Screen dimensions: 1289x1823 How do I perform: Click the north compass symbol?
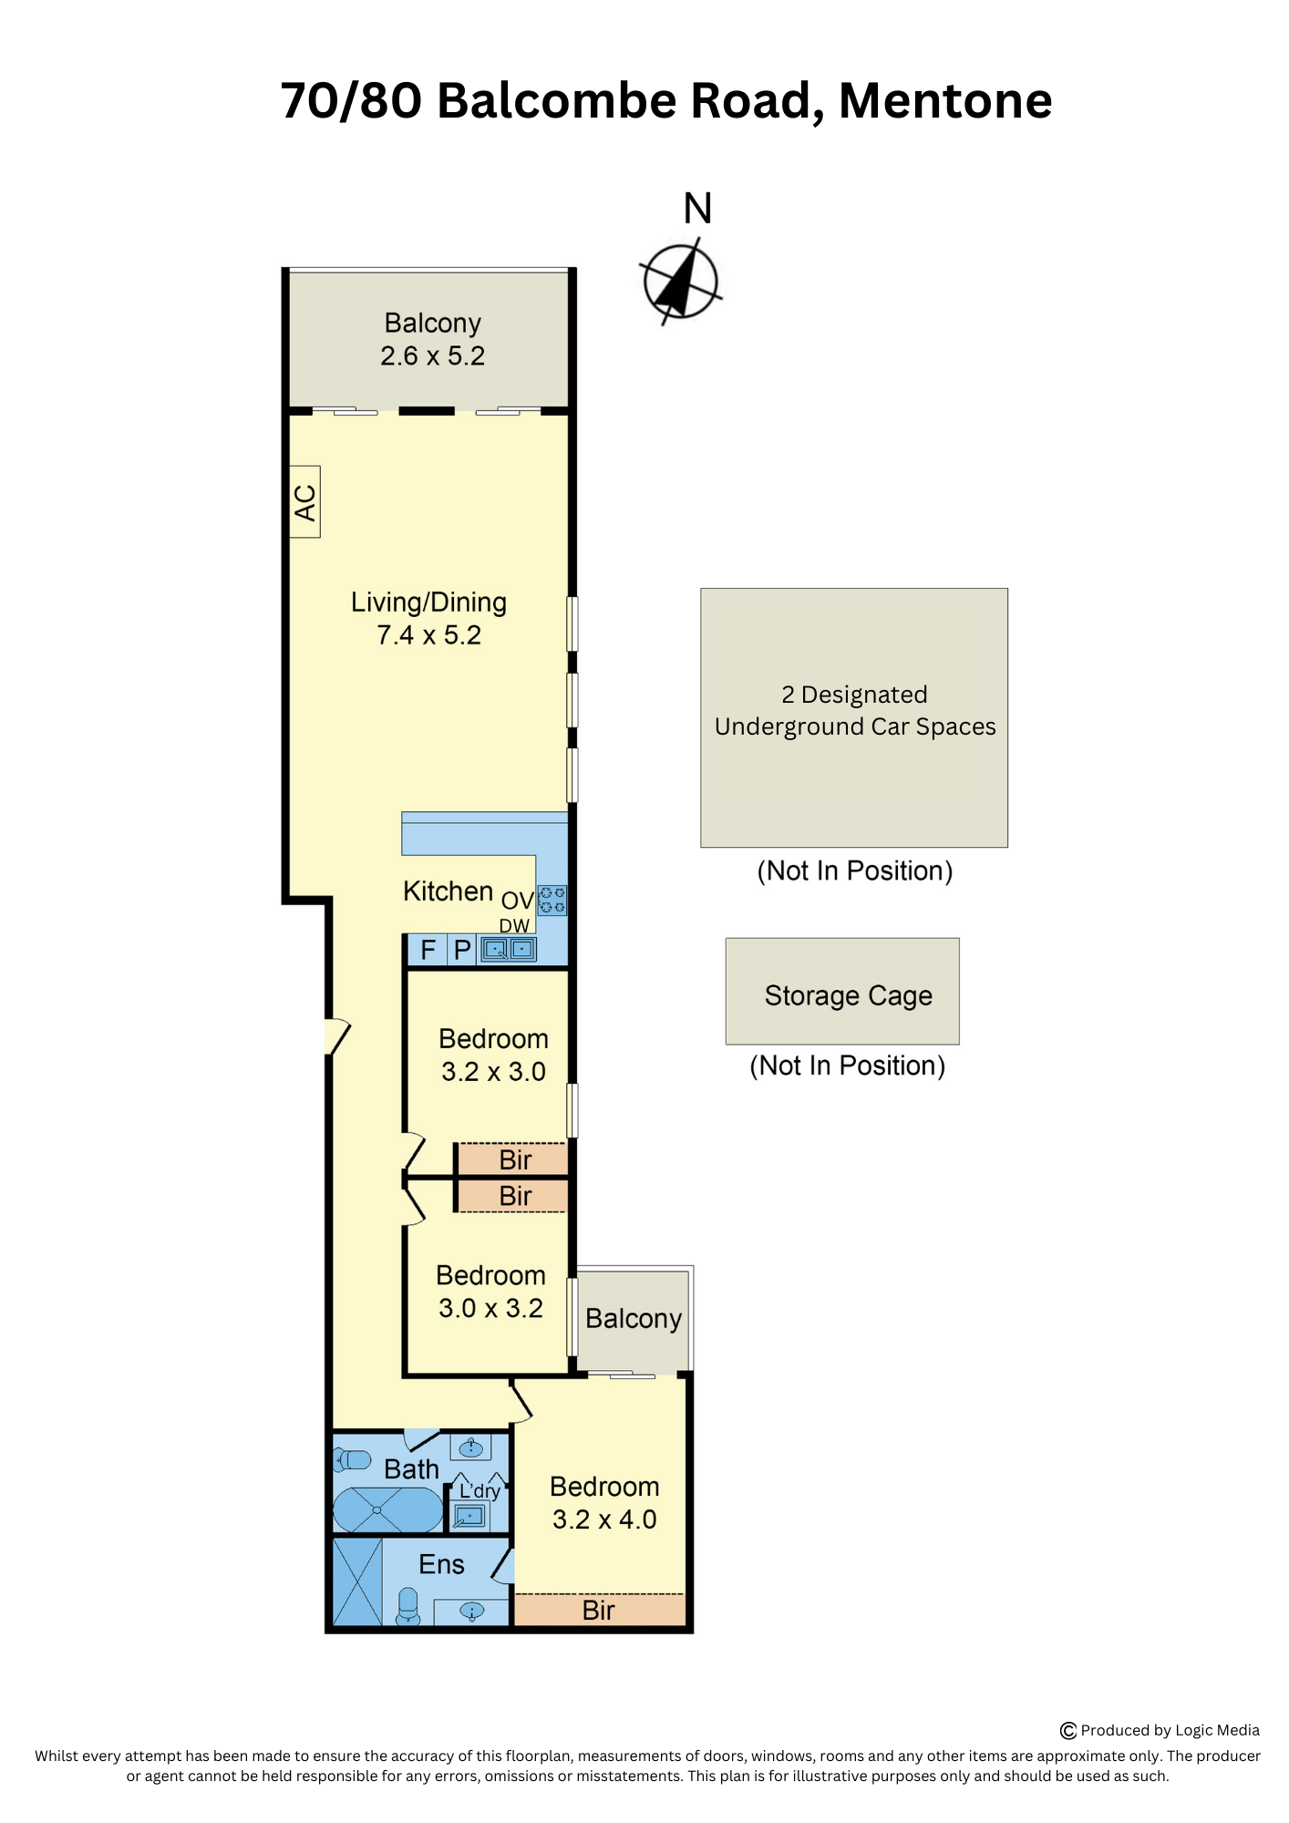coord(681,281)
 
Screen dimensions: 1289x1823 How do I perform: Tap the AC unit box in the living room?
coord(304,501)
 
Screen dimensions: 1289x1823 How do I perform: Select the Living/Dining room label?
coord(428,603)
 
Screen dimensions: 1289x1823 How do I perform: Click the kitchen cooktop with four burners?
coord(552,900)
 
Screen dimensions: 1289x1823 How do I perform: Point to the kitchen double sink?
coord(509,950)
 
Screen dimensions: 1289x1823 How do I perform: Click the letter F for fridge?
coord(428,951)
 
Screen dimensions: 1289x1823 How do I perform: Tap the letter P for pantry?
coord(462,951)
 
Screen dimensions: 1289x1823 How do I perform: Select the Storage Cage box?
coord(842,991)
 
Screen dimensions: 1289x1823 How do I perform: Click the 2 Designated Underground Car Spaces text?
coord(855,711)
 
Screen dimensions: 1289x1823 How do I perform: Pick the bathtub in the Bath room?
coord(388,1510)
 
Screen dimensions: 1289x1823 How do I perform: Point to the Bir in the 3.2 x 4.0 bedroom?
coord(599,1611)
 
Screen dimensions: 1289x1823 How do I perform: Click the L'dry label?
coord(480,1491)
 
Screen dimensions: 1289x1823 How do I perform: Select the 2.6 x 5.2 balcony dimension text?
coord(433,356)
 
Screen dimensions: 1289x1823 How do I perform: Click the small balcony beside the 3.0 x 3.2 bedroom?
coord(634,1321)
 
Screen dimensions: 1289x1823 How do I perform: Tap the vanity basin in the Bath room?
coord(470,1447)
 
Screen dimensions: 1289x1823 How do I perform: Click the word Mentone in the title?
coord(945,100)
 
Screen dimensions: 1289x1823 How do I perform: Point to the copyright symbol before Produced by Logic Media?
coord(1068,1731)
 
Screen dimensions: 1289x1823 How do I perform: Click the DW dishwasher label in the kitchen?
coord(514,926)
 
